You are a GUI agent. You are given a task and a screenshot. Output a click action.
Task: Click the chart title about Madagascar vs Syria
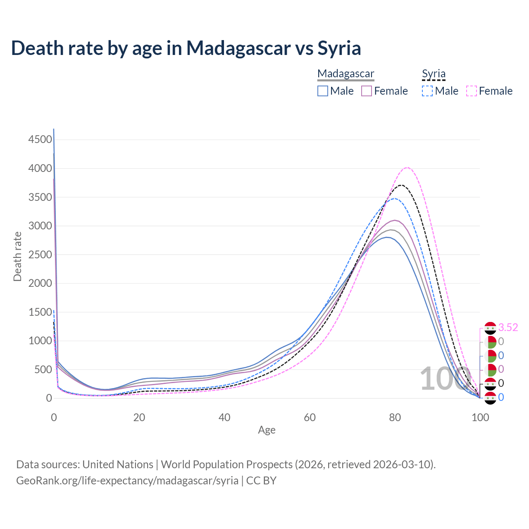(186, 48)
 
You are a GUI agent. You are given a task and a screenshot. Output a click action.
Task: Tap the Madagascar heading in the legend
(346, 74)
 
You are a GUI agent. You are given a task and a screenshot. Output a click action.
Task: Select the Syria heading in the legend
(434, 74)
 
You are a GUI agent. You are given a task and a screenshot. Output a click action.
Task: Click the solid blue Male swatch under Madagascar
(323, 91)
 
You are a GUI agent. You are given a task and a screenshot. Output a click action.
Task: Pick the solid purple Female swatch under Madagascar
(367, 91)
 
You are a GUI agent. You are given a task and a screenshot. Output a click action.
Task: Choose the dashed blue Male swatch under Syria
(427, 91)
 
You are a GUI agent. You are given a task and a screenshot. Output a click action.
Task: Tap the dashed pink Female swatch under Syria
(472, 91)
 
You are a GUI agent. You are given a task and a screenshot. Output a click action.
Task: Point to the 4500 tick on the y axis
(40, 140)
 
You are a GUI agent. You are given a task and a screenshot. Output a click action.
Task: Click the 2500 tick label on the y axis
(40, 255)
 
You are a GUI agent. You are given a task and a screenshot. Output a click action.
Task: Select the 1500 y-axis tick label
(40, 312)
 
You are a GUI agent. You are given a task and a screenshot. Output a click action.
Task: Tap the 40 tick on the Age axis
(224, 417)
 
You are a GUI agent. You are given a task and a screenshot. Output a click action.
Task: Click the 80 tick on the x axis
(395, 417)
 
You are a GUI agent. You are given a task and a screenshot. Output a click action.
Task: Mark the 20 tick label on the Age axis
(139, 417)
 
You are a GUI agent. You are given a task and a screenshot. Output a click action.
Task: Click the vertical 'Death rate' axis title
(17, 256)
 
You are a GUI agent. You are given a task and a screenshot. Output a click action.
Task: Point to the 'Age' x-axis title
(267, 430)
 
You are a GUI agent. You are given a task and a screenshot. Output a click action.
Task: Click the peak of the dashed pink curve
(407, 167)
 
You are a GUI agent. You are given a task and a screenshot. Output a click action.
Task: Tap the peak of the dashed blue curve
(395, 198)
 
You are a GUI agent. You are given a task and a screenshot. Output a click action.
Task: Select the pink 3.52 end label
(508, 328)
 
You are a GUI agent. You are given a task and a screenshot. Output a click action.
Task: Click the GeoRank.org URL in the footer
(127, 481)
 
